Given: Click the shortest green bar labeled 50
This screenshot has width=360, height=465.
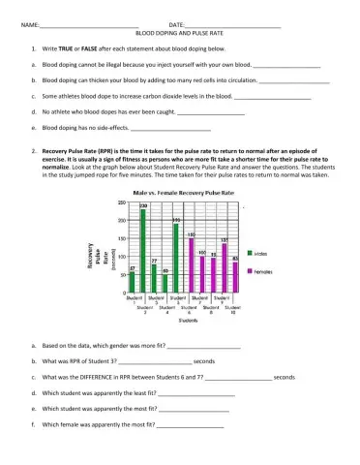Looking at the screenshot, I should pyautogui.click(x=165, y=283).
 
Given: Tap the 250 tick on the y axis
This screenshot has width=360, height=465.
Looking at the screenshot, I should pyautogui.click(x=124, y=207).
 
